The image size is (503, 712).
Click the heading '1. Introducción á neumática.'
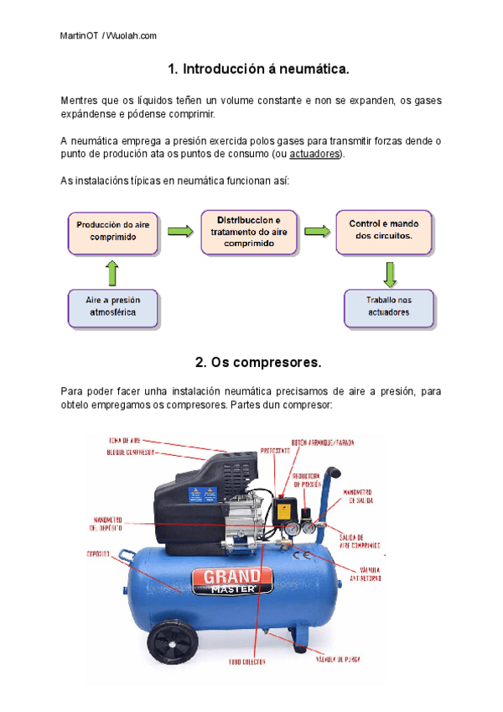pos(257,68)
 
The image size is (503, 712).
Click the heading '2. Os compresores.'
pos(257,363)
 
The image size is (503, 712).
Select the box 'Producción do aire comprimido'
pos(113,232)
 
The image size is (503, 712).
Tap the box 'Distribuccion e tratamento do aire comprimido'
pos(250,232)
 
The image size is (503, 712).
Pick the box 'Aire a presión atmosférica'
pos(113,308)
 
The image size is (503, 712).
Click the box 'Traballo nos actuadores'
pos(388,308)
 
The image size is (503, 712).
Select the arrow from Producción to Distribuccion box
pos(178,231)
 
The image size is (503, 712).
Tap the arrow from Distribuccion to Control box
pos(316,231)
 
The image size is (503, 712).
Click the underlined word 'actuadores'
pos(314,155)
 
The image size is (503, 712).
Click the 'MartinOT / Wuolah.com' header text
pos(109,35)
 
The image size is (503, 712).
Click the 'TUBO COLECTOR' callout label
pos(249,662)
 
